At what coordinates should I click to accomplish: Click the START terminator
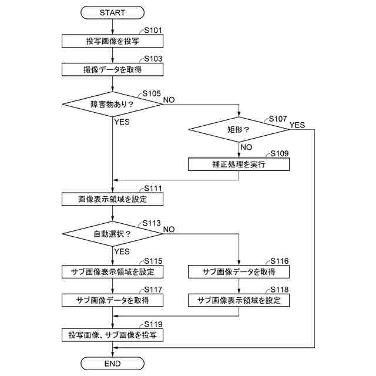click(x=112, y=12)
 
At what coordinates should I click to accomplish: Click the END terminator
click(x=112, y=364)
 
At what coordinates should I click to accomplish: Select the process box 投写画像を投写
click(x=112, y=41)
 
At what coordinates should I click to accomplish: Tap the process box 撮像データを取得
click(x=112, y=69)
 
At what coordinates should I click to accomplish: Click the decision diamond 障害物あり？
click(x=112, y=105)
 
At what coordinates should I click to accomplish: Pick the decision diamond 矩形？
click(x=239, y=129)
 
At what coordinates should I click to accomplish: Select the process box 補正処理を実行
click(x=239, y=164)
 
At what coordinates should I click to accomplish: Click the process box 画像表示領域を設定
click(x=112, y=199)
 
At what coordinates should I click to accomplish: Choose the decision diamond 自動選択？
click(x=112, y=234)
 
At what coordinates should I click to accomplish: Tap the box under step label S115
click(x=112, y=271)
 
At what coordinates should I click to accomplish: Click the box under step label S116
click(x=239, y=271)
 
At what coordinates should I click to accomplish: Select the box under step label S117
click(x=112, y=300)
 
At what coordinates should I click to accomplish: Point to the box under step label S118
click(x=239, y=300)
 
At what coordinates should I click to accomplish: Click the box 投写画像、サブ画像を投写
click(x=112, y=335)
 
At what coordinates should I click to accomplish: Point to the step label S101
click(x=153, y=31)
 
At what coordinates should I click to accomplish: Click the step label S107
click(x=278, y=119)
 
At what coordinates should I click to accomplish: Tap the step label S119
click(x=153, y=324)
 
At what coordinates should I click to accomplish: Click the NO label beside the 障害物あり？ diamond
click(x=169, y=100)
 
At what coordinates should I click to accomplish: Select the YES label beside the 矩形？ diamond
click(x=297, y=125)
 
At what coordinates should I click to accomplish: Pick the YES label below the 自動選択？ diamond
click(x=122, y=251)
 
